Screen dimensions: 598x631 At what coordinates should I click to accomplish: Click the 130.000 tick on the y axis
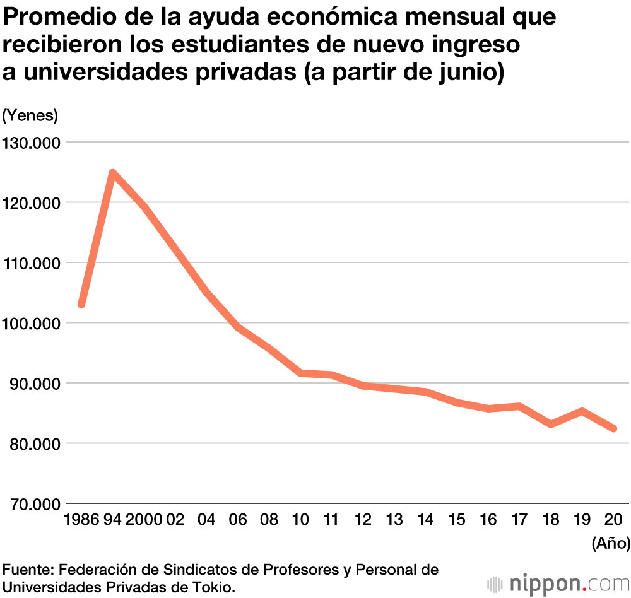pyautogui.click(x=30, y=143)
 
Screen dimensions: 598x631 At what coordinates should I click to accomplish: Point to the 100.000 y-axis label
pyautogui.click(x=30, y=323)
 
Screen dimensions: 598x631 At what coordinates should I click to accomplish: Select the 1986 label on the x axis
pyautogui.click(x=81, y=520)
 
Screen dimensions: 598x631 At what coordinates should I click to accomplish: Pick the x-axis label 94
pyautogui.click(x=112, y=520)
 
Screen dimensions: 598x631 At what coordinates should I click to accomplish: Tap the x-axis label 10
pyautogui.click(x=300, y=520)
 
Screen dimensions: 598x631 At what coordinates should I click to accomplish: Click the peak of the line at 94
pyautogui.click(x=112, y=173)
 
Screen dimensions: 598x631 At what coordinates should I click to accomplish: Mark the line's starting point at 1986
pyautogui.click(x=81, y=305)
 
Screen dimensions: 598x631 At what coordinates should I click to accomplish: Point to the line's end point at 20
pyautogui.click(x=613, y=429)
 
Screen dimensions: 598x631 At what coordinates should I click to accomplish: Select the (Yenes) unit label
pyautogui.click(x=30, y=115)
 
